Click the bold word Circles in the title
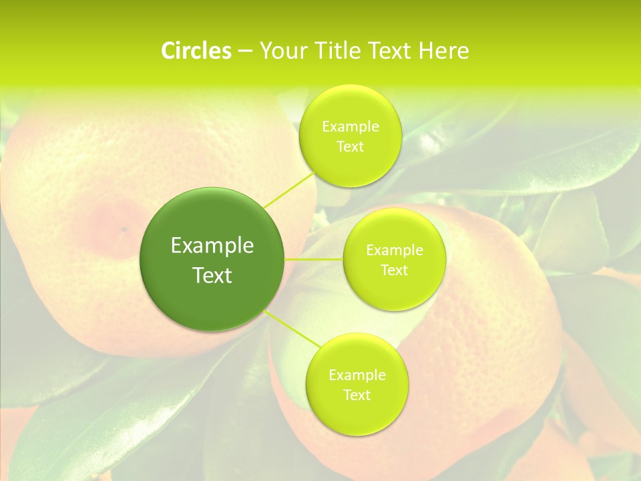196,51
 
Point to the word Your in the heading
281,51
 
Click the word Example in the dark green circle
212,246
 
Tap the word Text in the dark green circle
212,275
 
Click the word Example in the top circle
351,127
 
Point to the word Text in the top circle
350,147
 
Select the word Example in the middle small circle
395,251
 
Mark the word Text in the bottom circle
357,395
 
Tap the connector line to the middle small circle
314,259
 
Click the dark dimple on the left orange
124,230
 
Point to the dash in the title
245,51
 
